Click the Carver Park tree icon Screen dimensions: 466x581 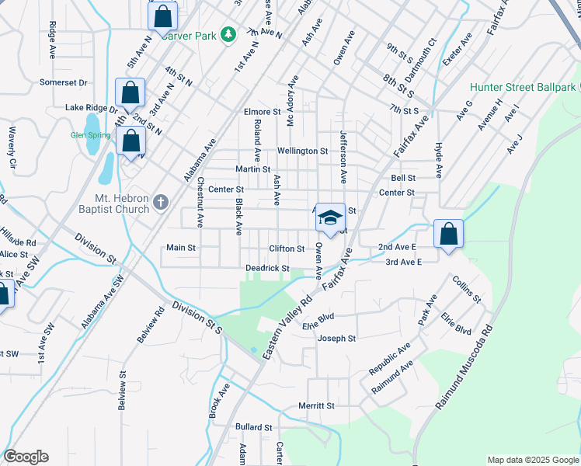228,35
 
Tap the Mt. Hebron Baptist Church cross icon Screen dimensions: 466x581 161,203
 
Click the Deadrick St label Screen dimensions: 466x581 267,269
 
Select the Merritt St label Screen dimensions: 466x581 316,405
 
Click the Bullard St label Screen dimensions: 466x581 254,427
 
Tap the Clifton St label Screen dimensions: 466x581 287,249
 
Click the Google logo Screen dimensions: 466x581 26,457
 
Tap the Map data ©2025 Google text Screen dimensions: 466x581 532,460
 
